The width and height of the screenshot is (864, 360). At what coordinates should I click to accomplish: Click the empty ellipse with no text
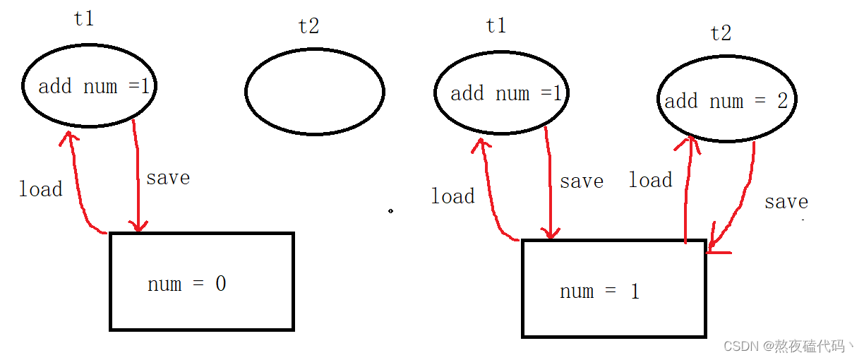[x=315, y=92]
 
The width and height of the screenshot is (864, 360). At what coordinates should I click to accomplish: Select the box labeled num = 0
[x=202, y=282]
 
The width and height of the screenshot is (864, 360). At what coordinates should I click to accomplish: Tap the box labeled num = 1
[x=613, y=289]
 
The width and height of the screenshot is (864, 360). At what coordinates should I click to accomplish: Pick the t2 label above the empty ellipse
[x=308, y=26]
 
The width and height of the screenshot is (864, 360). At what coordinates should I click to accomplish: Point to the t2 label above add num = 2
[x=721, y=33]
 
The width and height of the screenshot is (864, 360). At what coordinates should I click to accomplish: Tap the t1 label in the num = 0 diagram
[x=84, y=18]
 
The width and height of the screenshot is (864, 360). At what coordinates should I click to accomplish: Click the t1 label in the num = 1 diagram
[x=496, y=26]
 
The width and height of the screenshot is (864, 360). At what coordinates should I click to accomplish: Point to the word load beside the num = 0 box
[x=40, y=189]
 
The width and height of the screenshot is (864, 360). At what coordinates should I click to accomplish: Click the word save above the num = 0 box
[x=168, y=178]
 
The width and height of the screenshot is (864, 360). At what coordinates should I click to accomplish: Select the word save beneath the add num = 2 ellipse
[x=786, y=202]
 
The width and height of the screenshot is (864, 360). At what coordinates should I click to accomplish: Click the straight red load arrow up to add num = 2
[x=686, y=191]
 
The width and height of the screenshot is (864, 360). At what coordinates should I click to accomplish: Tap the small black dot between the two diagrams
[x=390, y=210]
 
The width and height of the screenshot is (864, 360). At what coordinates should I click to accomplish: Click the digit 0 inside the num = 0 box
[x=220, y=284]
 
